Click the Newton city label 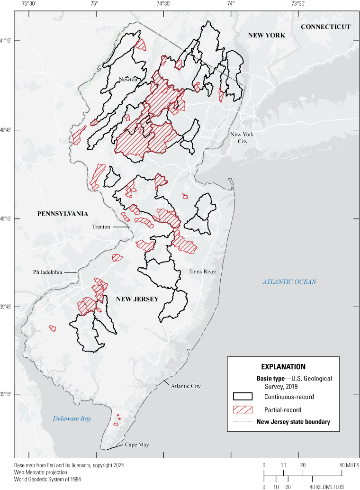coord(128,80)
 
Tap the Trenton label coord(101,227)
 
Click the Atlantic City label coord(186,386)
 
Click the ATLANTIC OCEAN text coord(289,282)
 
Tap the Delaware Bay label coord(72,418)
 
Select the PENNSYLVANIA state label coord(63,214)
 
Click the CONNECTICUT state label coord(325,27)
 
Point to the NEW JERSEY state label coord(137,299)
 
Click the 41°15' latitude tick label coord(7,41)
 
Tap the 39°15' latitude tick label coord(7,395)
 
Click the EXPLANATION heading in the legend coord(283,367)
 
